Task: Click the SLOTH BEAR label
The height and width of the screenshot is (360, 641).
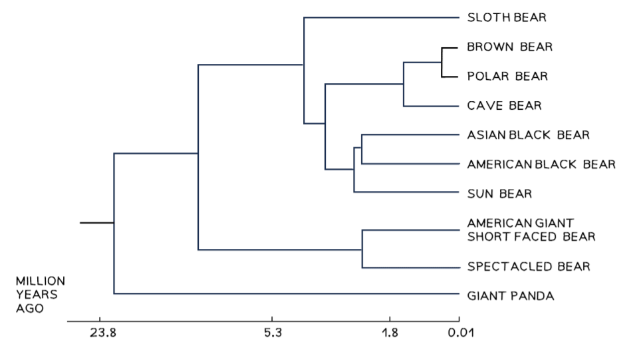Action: click(507, 18)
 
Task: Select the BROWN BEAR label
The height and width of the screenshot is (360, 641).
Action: click(510, 47)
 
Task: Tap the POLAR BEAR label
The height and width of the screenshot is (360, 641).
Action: click(507, 77)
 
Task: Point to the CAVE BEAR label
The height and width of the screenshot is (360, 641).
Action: click(504, 106)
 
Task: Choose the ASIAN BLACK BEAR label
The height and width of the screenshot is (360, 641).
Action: click(528, 135)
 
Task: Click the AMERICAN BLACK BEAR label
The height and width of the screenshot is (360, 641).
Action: click(541, 164)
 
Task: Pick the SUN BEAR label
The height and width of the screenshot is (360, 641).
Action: click(499, 194)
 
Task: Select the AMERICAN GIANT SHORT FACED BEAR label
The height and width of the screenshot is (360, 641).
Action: click(531, 230)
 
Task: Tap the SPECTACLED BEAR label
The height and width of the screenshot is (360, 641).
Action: click(529, 267)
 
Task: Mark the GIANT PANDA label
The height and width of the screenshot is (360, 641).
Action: click(510, 296)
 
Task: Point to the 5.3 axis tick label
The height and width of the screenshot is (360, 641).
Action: click(273, 332)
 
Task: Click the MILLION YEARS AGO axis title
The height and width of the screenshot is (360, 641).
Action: click(40, 295)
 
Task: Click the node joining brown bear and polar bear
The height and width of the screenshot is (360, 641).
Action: click(442, 62)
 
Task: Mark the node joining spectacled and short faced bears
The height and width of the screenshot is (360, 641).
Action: click(362, 249)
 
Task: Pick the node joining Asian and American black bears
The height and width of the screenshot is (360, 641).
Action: click(362, 149)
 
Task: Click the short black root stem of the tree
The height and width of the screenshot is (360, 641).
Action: click(97, 223)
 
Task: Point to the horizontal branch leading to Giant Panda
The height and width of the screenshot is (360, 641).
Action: click(286, 293)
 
